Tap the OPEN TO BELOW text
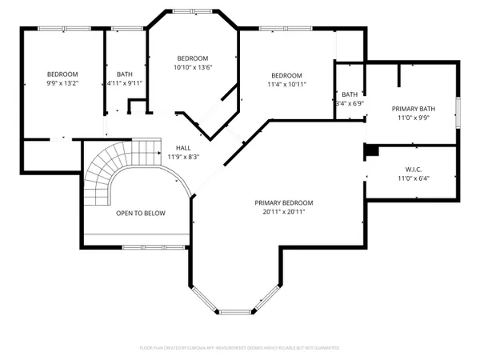[140, 214]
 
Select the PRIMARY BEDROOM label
[284, 202]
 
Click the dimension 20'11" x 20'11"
[284, 212]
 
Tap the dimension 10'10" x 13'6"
[193, 68]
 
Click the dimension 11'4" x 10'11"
[286, 84]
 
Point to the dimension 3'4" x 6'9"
[350, 103]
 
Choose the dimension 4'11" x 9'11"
[124, 83]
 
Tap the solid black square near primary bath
[370, 150]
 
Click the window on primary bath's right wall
[458, 109]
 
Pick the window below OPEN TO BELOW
[144, 246]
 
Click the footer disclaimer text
[240, 348]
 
